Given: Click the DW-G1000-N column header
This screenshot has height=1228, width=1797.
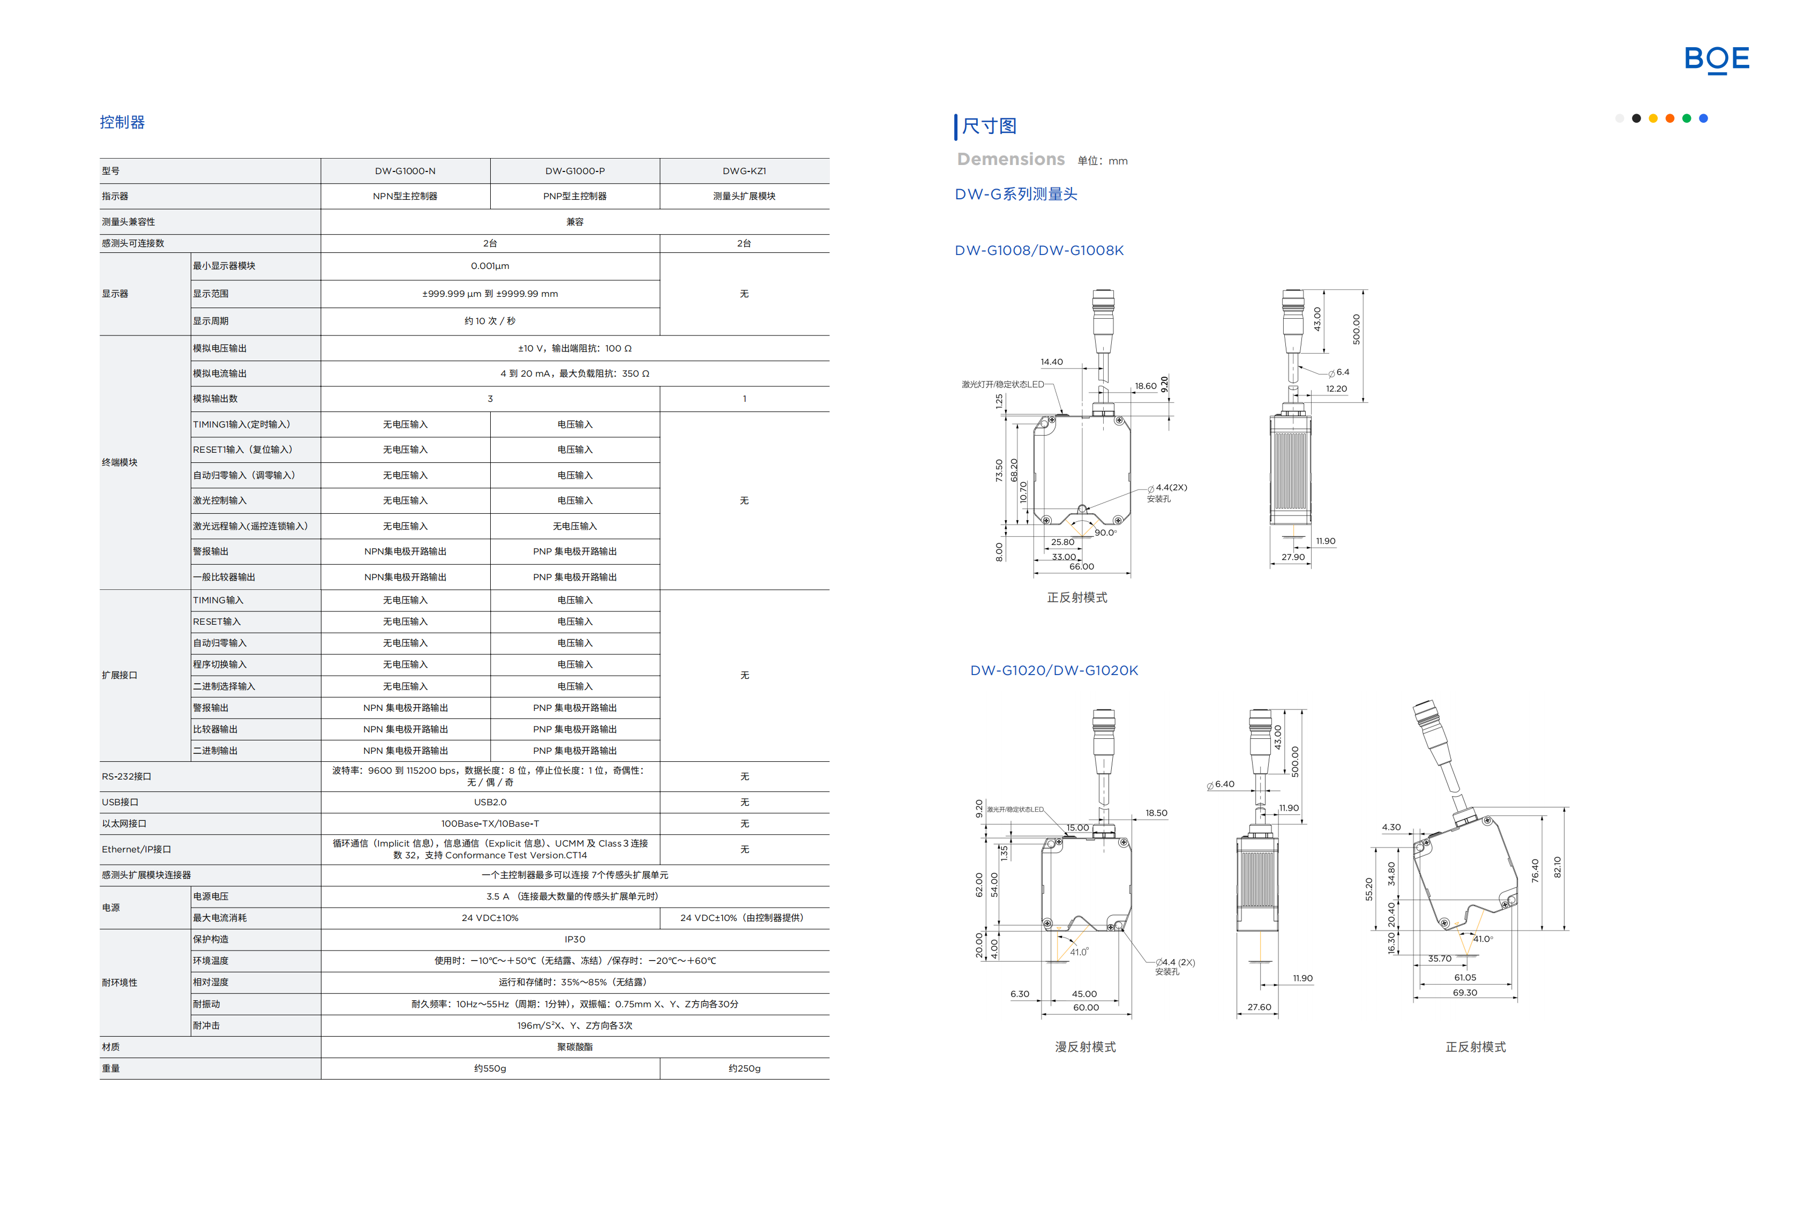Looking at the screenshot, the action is [x=405, y=171].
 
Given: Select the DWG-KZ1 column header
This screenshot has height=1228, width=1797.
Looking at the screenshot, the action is [x=744, y=171].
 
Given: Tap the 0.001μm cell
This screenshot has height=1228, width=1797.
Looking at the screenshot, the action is [x=490, y=266].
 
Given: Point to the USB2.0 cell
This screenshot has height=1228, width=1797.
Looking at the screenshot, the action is [x=490, y=802].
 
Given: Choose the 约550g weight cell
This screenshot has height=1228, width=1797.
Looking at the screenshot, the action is [x=490, y=1068].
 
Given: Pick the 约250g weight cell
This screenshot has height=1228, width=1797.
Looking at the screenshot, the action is [x=744, y=1068].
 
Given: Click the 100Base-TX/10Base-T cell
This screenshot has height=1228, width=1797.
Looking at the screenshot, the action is [x=490, y=823].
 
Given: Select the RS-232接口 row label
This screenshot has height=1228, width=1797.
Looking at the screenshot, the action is [x=127, y=776].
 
